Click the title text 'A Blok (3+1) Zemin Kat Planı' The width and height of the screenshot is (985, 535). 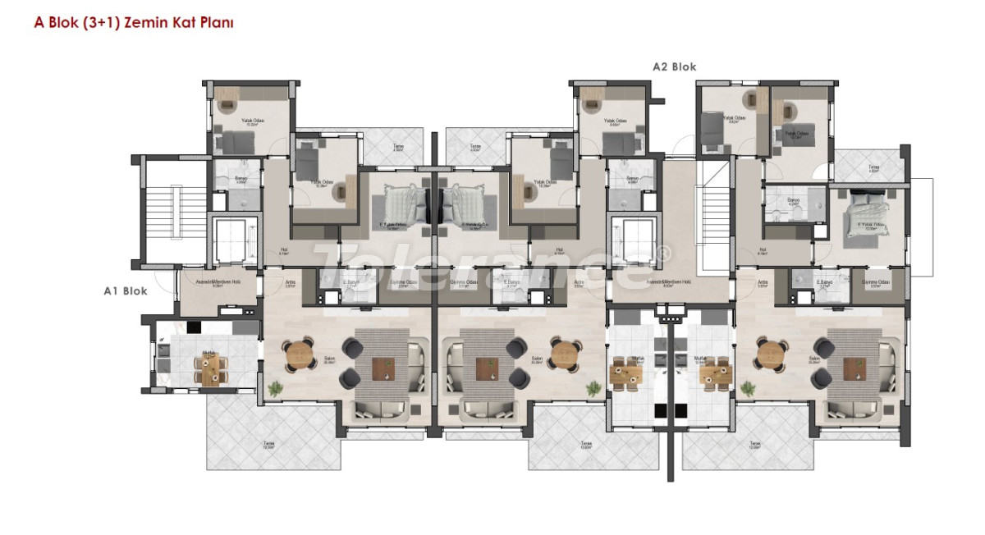pos(134,24)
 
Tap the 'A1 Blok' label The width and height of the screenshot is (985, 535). pos(125,290)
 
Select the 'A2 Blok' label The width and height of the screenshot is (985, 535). pos(674,67)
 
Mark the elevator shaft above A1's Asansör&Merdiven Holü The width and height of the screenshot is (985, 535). pos(233,240)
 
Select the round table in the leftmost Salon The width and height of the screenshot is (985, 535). pos(300,354)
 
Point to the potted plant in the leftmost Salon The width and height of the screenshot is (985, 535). pos(277,386)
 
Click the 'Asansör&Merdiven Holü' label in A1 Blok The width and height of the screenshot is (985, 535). pos(217,283)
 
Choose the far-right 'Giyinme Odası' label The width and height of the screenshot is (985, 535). pos(877,283)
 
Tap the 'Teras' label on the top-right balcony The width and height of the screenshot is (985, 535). pos(873,167)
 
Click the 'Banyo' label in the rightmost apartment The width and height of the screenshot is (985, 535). pos(791,199)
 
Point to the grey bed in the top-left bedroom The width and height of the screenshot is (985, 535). pos(235,143)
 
